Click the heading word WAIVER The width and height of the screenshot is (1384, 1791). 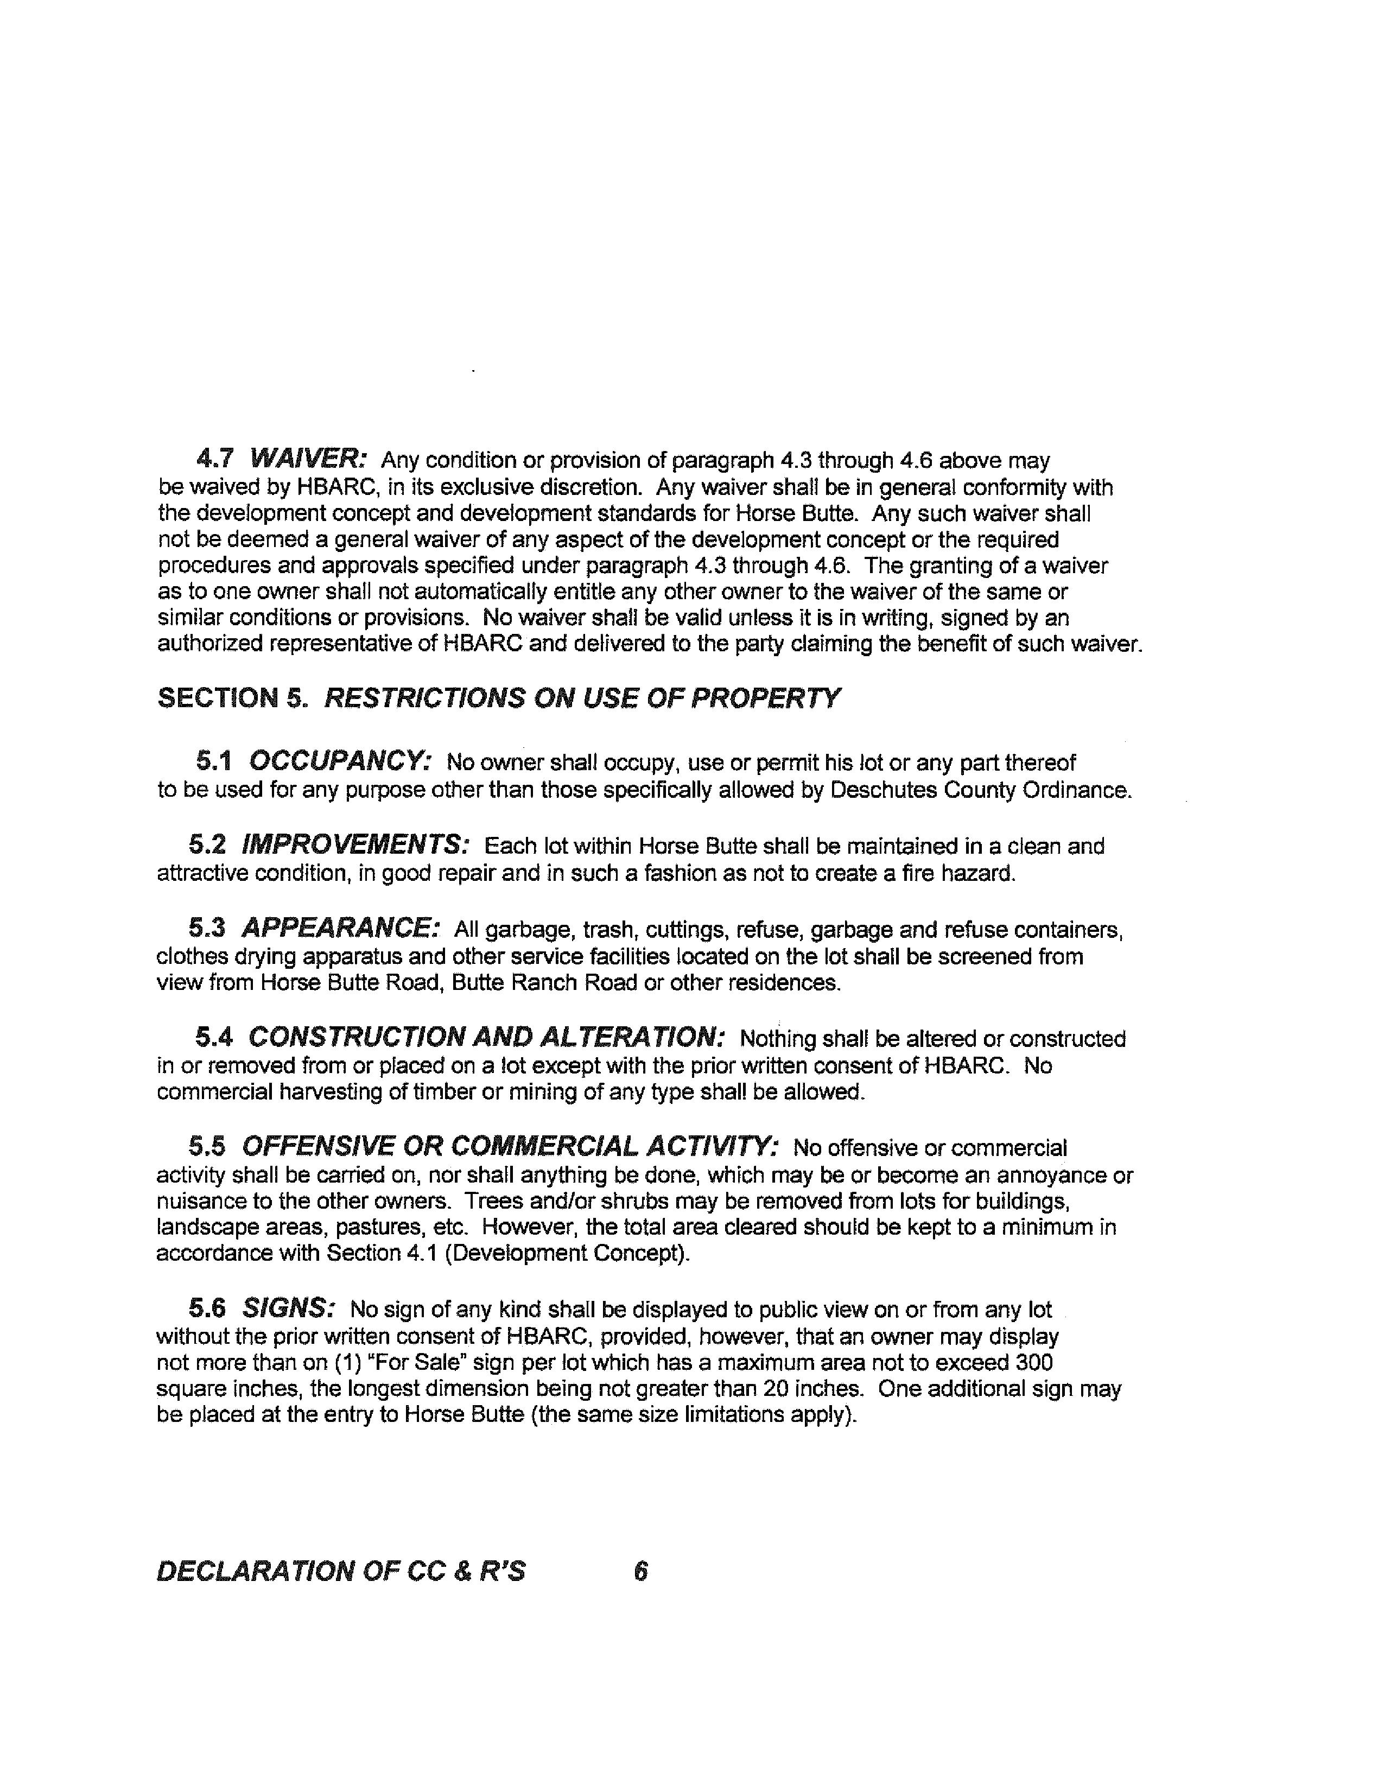click(307, 458)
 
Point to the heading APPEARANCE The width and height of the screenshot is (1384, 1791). click(340, 928)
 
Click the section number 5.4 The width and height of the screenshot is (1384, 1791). click(214, 1037)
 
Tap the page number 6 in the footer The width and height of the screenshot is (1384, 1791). click(640, 1571)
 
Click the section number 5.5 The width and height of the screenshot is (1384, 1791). click(207, 1146)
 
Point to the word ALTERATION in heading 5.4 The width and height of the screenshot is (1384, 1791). click(631, 1037)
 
